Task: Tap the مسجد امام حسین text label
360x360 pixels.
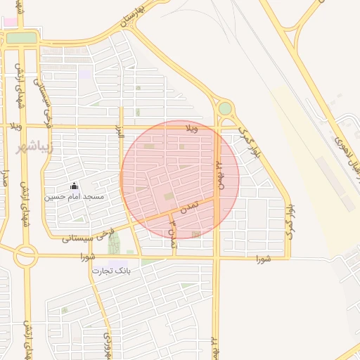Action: [x=75, y=197]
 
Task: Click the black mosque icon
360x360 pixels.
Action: [x=75, y=186]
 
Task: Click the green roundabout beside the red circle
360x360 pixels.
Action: [x=225, y=109]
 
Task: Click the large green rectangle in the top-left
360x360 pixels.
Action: [x=21, y=37]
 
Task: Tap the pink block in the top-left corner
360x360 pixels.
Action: [x=11, y=22]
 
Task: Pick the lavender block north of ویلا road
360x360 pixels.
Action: [x=84, y=74]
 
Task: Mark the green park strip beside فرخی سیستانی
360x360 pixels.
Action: [x=114, y=243]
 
